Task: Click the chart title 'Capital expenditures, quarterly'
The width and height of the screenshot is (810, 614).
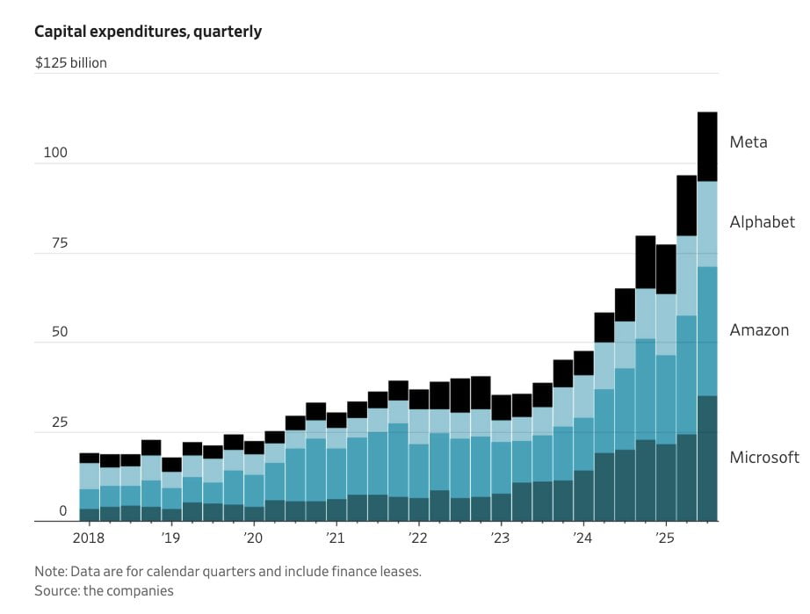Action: point(148,32)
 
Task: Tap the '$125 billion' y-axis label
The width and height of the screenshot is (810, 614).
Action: point(71,63)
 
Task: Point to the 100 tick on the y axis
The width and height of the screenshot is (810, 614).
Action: point(55,153)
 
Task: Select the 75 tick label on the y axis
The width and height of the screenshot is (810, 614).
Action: point(59,243)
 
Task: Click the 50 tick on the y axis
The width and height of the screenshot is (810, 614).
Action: point(58,333)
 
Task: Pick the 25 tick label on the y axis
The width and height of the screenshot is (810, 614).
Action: point(58,423)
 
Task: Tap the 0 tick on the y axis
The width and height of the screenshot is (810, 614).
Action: point(62,511)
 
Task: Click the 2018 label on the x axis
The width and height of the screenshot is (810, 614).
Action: point(89,538)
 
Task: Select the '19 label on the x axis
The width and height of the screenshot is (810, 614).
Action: point(170,538)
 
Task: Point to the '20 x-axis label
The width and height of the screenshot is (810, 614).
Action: point(253,538)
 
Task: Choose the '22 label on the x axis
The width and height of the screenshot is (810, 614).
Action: point(417,538)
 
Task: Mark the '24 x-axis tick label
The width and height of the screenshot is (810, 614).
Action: point(582,538)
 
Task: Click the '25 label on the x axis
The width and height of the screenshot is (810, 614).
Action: point(664,538)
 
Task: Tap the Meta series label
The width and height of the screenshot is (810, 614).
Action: point(749,142)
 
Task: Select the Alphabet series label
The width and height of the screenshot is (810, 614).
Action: point(762,222)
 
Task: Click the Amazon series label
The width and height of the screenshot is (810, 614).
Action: point(759,330)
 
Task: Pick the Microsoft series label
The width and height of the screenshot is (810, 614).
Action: point(764,458)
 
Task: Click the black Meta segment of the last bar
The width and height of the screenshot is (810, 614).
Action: point(707,147)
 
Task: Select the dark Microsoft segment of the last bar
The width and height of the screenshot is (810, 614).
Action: point(707,458)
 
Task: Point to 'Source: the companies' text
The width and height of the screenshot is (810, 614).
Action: point(104,591)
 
